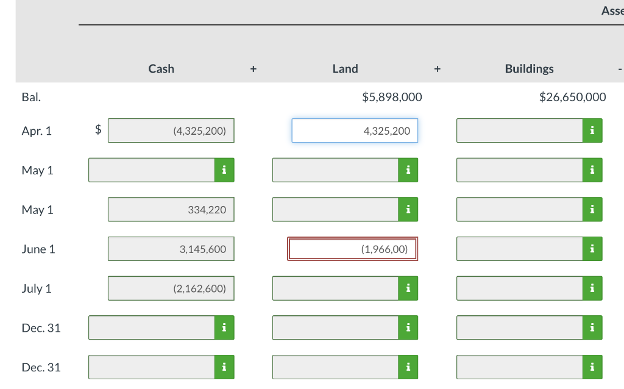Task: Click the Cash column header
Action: point(161,69)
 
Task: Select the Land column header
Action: point(345,69)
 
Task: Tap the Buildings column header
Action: point(529,69)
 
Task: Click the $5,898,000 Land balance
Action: point(391,97)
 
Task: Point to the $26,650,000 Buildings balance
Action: point(572,97)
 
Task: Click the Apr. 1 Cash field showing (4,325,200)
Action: point(171,130)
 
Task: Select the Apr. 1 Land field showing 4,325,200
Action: point(355,130)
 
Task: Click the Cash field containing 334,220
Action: point(171,210)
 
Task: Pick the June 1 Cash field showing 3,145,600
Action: point(171,249)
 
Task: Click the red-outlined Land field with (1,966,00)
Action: point(353,249)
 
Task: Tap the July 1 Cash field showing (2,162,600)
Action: point(171,288)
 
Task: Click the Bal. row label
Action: point(31,97)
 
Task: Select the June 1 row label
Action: point(38,249)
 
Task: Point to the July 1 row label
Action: point(37,288)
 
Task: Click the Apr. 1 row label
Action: point(37,130)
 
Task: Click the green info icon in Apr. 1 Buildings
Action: point(592,130)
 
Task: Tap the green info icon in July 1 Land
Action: point(408,288)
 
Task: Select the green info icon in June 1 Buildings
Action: point(592,249)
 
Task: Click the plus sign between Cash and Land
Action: point(253,70)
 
